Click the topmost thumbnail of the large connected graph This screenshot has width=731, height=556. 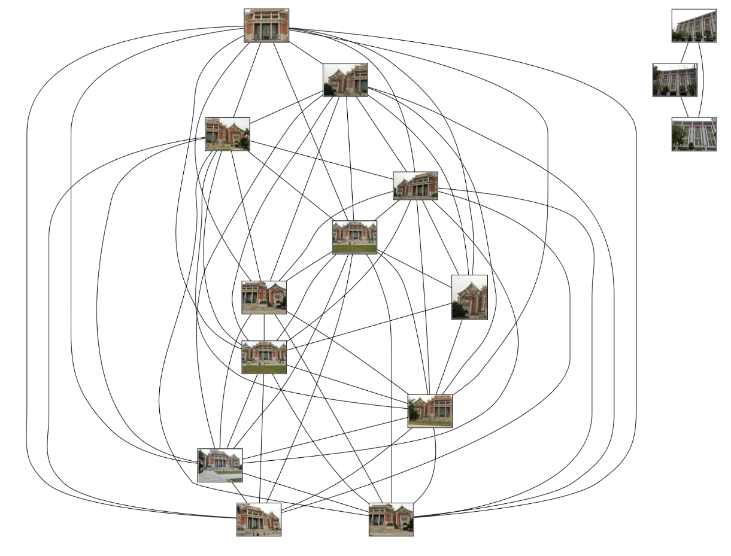(266, 25)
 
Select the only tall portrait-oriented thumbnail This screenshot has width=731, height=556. (469, 297)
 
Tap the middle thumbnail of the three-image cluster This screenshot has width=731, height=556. (675, 80)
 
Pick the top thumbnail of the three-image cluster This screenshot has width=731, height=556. (694, 25)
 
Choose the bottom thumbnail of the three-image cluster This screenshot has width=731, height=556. (694, 133)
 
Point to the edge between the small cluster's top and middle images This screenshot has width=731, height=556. (684, 53)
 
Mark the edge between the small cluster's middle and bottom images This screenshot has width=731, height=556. (684, 107)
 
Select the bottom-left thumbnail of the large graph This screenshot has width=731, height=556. (259, 519)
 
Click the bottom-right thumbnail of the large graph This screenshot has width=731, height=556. (391, 519)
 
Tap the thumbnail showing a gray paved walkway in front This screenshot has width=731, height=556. (220, 465)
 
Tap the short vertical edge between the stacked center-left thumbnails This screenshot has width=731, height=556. (264, 327)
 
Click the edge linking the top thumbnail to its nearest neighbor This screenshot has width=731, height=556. (306, 52)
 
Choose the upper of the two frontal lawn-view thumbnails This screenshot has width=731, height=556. (354, 237)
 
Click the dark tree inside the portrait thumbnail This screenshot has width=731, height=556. (459, 310)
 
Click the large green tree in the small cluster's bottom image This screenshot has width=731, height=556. (678, 135)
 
